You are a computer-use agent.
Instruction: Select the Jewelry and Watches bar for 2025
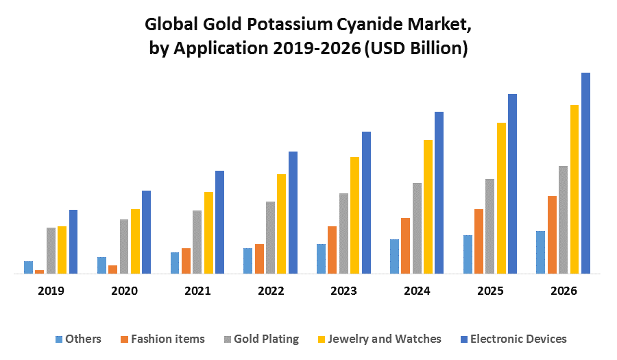501,198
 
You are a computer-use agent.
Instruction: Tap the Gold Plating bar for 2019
51,250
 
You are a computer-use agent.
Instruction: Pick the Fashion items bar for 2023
332,250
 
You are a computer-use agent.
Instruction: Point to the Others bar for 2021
175,263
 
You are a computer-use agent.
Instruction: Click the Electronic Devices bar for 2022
293,213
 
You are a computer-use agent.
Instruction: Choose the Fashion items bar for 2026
552,235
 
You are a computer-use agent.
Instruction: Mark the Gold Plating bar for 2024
417,228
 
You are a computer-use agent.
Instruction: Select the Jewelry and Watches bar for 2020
135,241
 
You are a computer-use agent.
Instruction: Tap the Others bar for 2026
541,252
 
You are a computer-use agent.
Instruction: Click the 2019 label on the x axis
51,291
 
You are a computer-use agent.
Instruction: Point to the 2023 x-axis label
343,291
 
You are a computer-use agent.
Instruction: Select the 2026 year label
564,291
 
